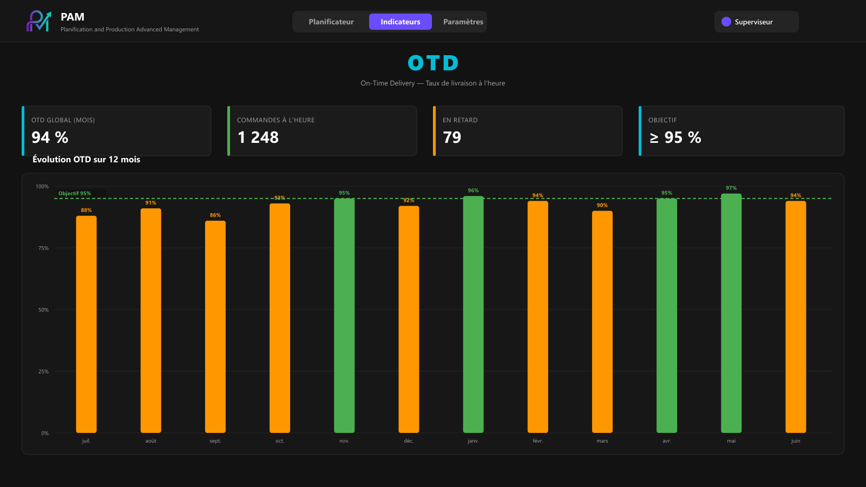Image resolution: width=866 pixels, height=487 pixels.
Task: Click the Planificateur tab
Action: (331, 22)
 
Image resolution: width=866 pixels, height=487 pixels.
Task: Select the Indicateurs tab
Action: (400, 22)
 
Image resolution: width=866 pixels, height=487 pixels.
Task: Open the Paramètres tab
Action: (463, 22)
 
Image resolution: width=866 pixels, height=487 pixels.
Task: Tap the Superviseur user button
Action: (756, 22)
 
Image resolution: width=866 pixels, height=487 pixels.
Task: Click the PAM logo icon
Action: (38, 21)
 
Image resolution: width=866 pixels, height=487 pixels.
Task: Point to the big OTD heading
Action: (433, 63)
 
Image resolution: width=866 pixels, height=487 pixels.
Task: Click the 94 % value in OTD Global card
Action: (50, 137)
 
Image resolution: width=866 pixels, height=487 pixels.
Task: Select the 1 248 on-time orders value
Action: (258, 137)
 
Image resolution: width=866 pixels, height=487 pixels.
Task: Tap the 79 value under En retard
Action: (452, 137)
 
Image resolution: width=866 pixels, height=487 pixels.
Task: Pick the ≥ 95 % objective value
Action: (674, 137)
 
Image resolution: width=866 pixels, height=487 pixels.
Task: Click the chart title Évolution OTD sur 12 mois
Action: (86, 159)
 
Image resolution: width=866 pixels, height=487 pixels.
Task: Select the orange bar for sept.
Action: (215, 327)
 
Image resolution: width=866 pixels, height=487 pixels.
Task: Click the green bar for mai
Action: (731, 313)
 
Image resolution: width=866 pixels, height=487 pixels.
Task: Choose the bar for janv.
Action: (473, 314)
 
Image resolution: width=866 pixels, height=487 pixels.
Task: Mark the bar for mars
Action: (602, 321)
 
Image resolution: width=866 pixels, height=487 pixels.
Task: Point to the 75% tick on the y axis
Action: (43, 248)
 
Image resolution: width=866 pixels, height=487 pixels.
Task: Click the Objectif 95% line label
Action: (75, 193)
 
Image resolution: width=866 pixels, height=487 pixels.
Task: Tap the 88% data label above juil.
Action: (86, 210)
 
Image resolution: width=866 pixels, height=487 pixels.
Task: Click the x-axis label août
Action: (151, 440)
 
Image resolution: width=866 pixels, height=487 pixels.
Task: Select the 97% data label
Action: (731, 188)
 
